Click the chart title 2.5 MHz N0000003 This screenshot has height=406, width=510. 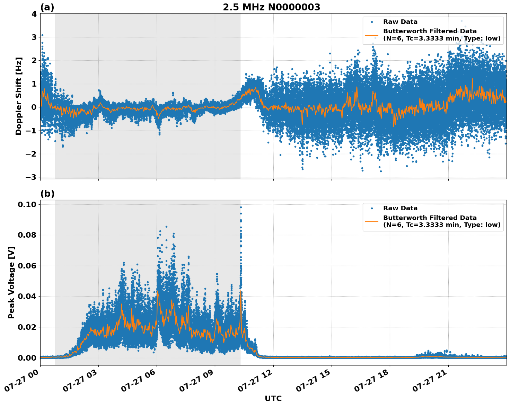[x=271, y=7]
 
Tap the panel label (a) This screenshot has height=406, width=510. [x=47, y=7]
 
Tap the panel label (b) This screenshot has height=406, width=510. [x=47, y=194]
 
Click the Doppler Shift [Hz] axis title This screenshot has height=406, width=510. [x=19, y=96]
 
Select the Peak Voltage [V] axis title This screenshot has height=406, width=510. [x=11, y=282]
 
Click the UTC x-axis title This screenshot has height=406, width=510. [x=273, y=398]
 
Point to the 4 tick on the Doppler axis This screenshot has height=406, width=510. [x=34, y=14]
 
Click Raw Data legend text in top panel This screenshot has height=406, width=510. [x=400, y=22]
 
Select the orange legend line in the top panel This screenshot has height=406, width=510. [x=371, y=35]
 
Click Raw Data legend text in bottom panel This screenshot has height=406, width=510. [x=400, y=208]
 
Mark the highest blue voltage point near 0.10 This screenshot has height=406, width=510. [x=241, y=208]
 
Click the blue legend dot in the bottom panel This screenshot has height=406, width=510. [x=371, y=208]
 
